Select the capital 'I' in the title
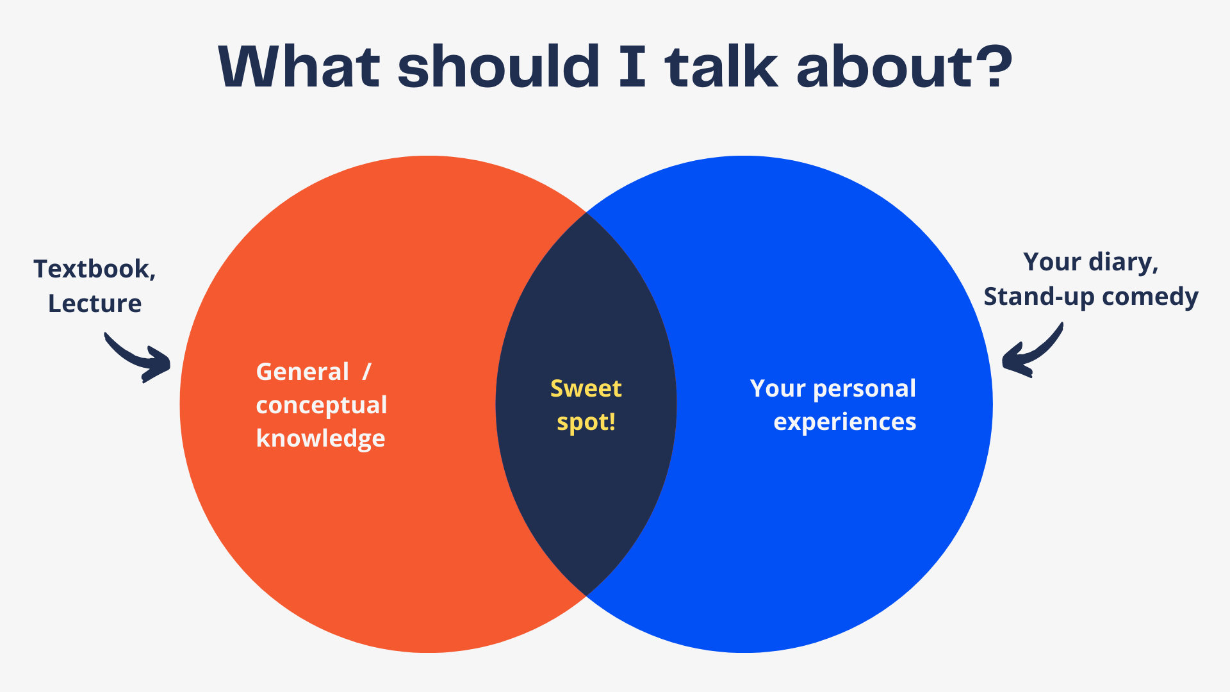(x=632, y=67)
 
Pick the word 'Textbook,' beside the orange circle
(x=95, y=269)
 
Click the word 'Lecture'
(x=95, y=304)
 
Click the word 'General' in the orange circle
(x=302, y=372)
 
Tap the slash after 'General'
(x=366, y=372)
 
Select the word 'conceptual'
(x=322, y=405)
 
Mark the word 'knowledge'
(x=320, y=439)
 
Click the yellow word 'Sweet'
(x=586, y=388)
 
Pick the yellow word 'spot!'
(x=586, y=422)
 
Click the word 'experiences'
(x=845, y=422)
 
